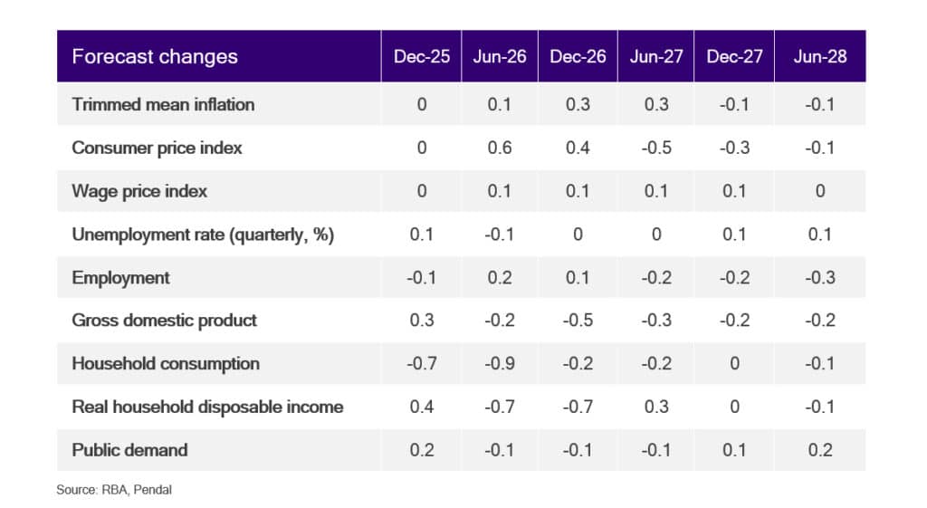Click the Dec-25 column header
(x=422, y=57)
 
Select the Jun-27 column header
(x=656, y=57)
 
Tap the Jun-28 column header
(x=820, y=57)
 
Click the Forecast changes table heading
(x=155, y=57)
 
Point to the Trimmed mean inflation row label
(x=163, y=105)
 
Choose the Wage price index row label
(x=139, y=192)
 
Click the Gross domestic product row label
(x=165, y=321)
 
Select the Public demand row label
(x=129, y=450)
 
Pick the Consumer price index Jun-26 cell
(x=500, y=148)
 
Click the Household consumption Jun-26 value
(x=500, y=364)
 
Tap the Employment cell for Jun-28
(x=820, y=277)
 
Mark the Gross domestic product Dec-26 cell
(x=578, y=321)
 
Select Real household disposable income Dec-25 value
(x=422, y=407)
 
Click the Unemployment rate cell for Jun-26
(x=500, y=235)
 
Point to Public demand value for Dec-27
(x=734, y=450)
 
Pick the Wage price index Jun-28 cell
(x=820, y=191)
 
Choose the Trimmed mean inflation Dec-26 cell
(x=578, y=105)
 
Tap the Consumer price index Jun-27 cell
(x=656, y=148)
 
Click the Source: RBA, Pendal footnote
(x=114, y=490)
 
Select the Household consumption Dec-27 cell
(x=734, y=364)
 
